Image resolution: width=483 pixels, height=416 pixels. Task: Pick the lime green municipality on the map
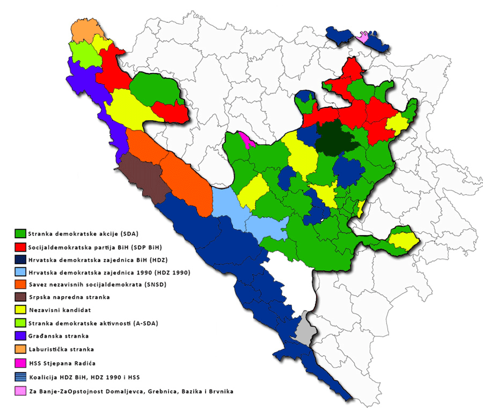coord(81,51)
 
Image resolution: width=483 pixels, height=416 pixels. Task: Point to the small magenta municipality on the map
coord(245,139)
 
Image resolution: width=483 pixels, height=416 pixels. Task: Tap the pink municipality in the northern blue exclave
coord(363,38)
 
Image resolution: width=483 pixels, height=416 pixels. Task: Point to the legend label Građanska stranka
coord(59,336)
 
